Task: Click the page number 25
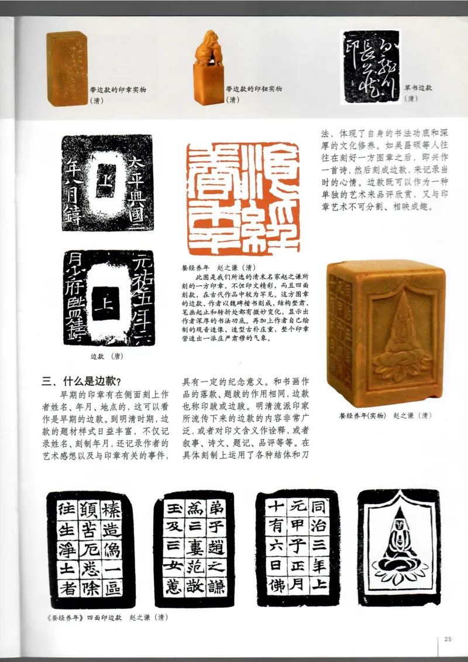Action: [x=448, y=639]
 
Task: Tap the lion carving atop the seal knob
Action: [x=208, y=44]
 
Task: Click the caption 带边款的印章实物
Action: [x=118, y=89]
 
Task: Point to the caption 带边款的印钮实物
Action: [x=254, y=89]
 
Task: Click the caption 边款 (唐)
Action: [x=106, y=355]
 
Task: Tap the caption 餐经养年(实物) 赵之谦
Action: [x=386, y=416]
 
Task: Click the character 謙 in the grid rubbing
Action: [x=216, y=587]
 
